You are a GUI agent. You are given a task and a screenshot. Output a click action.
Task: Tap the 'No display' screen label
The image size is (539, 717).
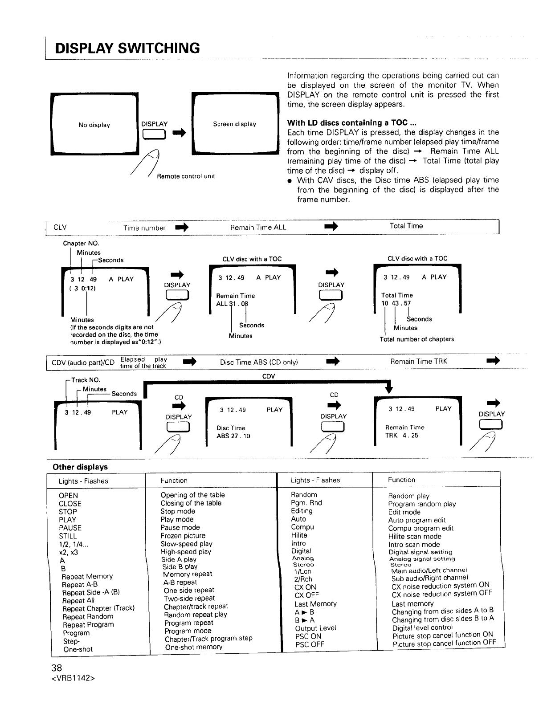pos(94,125)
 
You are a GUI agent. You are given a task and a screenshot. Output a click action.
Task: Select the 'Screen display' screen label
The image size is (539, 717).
pos(234,124)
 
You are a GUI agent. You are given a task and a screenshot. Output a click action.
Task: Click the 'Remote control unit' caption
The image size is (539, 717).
pos(186,176)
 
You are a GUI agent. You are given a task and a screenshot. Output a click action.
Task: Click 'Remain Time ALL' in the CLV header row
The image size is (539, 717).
pos(258,228)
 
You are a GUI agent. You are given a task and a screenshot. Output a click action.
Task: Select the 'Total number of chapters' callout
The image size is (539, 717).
pos(416,339)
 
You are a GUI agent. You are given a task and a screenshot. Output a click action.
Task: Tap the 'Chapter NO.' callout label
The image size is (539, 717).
pos(81,244)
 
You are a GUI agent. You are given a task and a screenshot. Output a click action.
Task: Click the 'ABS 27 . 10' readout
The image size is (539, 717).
pos(233,436)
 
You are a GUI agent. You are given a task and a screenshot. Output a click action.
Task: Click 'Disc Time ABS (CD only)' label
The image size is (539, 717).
pos(259,362)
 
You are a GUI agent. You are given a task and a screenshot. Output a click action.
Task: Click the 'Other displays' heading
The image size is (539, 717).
pos(80,467)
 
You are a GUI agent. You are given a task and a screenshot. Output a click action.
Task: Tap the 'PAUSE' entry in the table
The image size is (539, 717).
pos(70,528)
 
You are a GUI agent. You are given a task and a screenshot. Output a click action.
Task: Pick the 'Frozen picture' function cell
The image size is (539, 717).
pos(183,536)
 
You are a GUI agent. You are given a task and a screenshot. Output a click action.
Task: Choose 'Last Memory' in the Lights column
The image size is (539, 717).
pos(315,604)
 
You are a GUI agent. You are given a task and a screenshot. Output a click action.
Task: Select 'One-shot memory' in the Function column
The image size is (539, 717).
pos(194,647)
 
